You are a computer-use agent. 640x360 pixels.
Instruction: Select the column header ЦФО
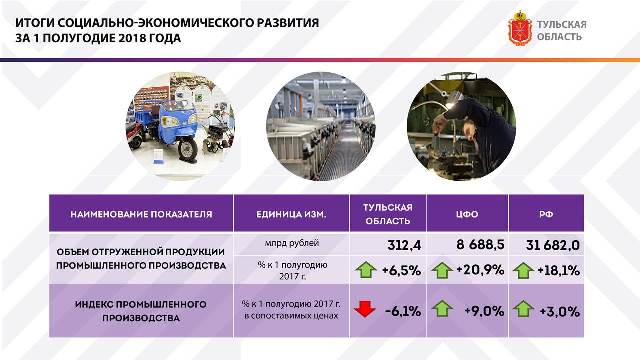(469, 214)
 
